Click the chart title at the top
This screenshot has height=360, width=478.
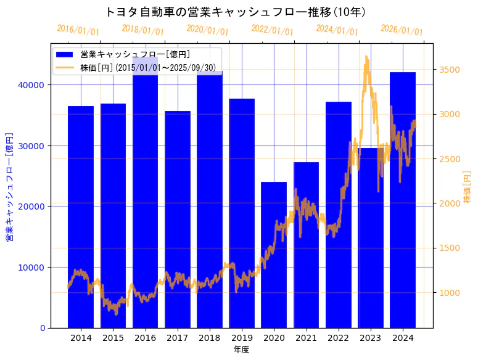236,12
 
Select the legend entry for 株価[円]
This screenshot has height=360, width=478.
148,67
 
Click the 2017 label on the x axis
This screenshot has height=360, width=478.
178,338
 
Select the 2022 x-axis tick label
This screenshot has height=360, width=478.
339,338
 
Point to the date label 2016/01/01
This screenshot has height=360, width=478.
78,30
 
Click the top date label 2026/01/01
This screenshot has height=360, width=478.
402,30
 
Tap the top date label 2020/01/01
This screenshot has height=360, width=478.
207,30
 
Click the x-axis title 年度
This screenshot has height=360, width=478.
241,350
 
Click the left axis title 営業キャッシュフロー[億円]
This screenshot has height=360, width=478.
9,186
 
